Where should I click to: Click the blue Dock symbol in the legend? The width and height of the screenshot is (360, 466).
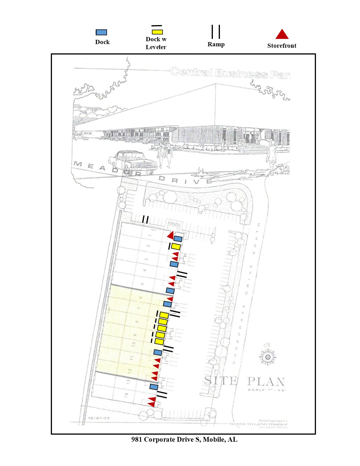(x=101, y=32)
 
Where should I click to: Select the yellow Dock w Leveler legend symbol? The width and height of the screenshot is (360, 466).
(x=157, y=32)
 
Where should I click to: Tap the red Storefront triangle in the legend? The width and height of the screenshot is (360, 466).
(x=282, y=34)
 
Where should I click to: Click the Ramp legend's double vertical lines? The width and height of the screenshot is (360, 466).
(x=216, y=32)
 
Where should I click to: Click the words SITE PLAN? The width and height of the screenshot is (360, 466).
(x=244, y=381)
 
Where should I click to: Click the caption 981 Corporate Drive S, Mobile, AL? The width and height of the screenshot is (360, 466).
(x=184, y=439)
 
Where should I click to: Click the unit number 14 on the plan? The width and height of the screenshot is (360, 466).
(x=126, y=395)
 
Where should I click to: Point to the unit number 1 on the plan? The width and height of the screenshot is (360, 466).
(x=150, y=235)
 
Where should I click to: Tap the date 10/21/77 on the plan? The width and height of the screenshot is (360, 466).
(x=99, y=418)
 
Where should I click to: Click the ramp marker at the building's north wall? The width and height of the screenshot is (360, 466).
(x=145, y=219)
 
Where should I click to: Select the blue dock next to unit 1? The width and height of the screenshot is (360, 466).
(x=178, y=239)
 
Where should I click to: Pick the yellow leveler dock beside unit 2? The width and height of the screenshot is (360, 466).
(x=176, y=247)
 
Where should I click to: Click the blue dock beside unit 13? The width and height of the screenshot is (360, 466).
(x=154, y=387)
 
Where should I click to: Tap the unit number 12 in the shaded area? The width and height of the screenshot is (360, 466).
(x=130, y=370)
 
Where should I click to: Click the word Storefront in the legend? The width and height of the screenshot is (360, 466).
(x=282, y=46)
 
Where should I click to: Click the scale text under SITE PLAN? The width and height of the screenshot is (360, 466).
(x=266, y=390)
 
